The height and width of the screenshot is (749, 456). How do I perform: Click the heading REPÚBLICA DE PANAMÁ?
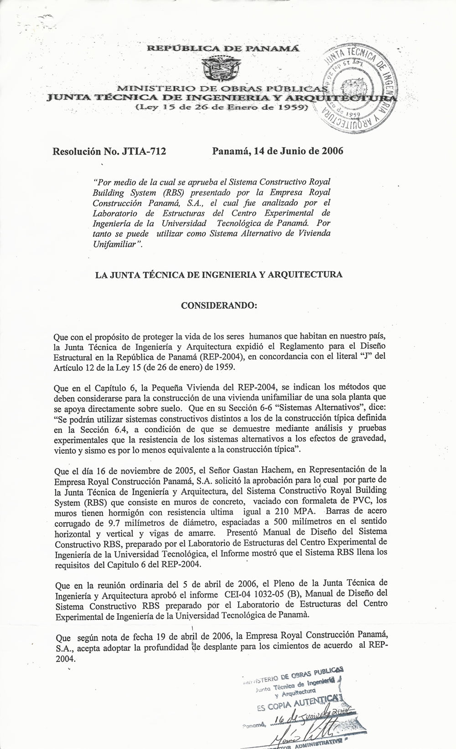(223, 49)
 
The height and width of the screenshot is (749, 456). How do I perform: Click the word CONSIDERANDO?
(219, 305)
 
